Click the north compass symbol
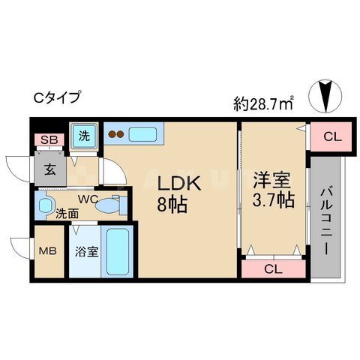click(325, 96)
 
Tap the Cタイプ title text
click(58, 97)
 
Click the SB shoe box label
click(49, 139)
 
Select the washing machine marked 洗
click(84, 136)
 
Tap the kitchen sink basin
click(142, 134)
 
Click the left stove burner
click(112, 134)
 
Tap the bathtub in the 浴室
click(118, 252)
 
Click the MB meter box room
click(49, 251)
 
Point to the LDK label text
click(179, 184)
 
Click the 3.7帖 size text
click(273, 199)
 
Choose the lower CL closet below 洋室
click(274, 269)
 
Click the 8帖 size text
click(172, 204)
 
